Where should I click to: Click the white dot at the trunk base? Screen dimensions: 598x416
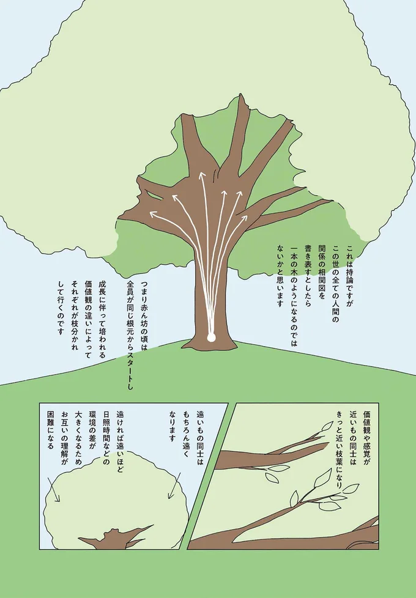(x=211, y=337)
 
